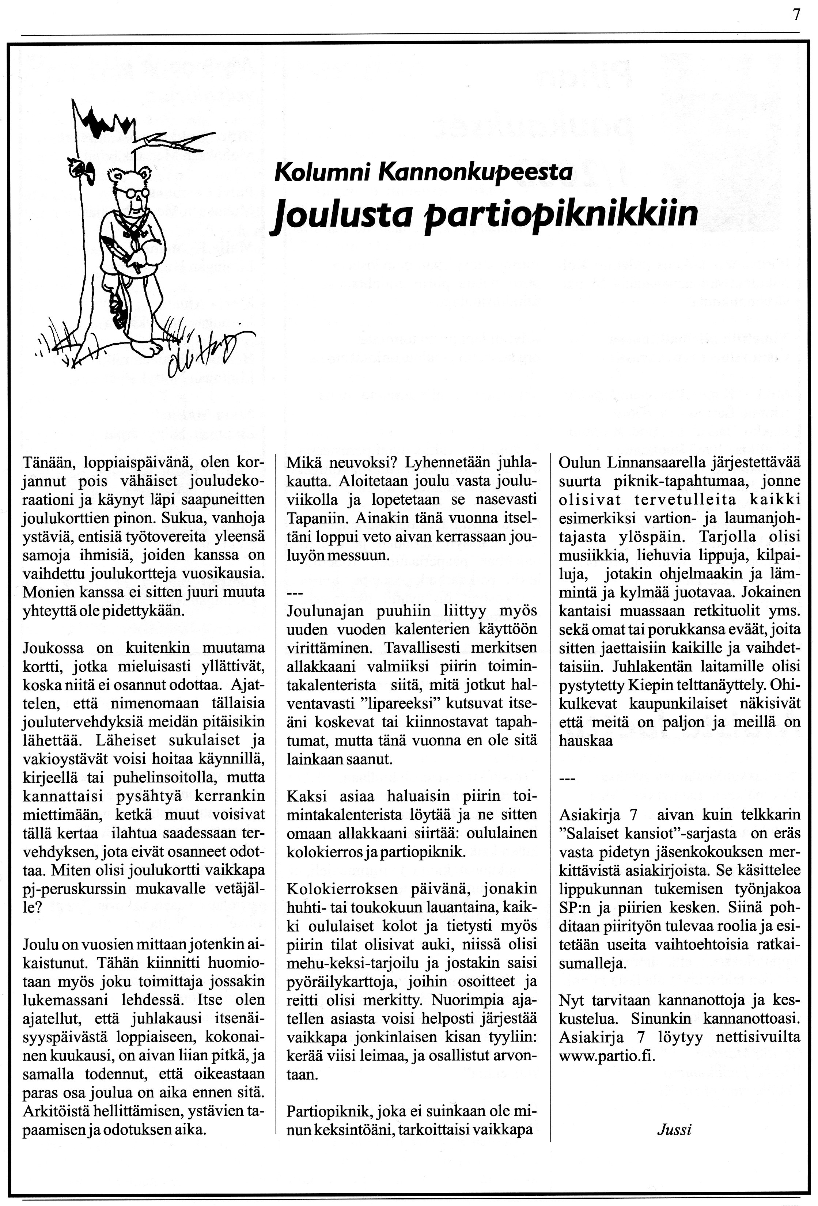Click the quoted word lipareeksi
tap(403, 703)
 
